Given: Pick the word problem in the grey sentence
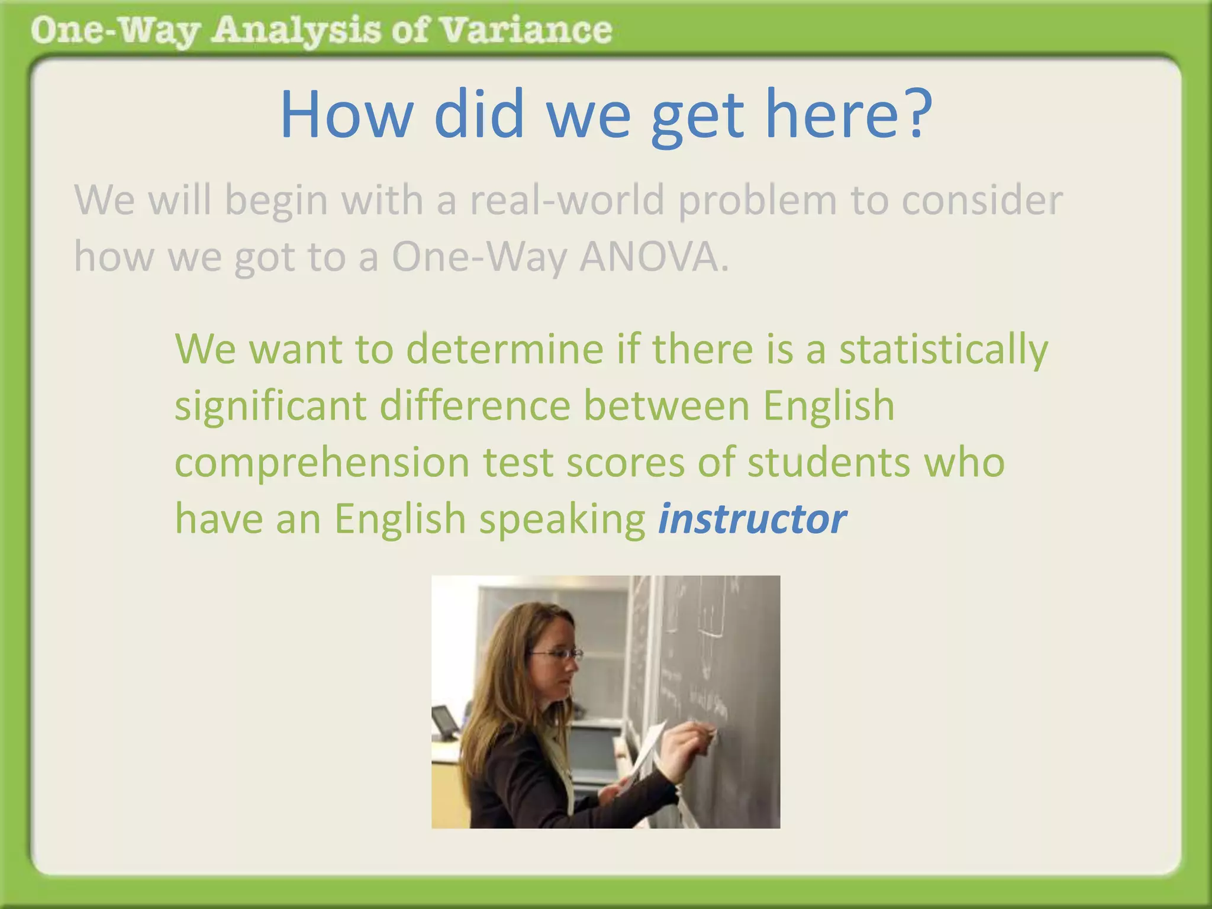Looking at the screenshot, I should [757, 201].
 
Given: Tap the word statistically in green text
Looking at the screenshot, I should [943, 350].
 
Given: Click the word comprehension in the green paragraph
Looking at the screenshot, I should [322, 463].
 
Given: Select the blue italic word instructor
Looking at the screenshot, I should [752, 519].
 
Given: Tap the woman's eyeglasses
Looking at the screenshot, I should [557, 654].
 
